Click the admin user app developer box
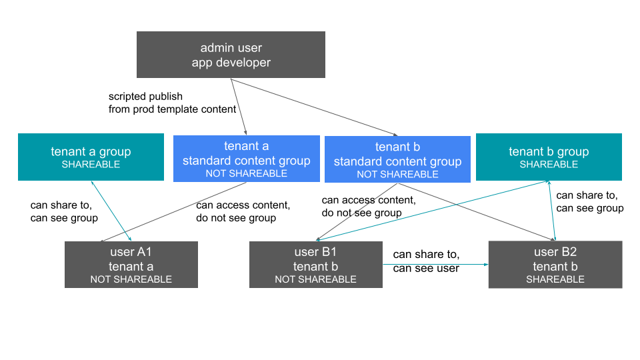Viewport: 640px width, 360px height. click(231, 55)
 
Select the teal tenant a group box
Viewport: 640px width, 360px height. click(91, 157)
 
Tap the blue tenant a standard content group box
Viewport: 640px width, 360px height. click(246, 159)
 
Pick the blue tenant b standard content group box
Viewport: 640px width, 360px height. click(397, 159)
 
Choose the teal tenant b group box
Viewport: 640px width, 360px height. click(549, 157)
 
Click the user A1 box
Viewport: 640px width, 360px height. click(131, 265)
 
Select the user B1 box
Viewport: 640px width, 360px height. click(315, 265)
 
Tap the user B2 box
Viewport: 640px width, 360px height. click(555, 265)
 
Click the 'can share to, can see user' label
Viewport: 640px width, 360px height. click(426, 261)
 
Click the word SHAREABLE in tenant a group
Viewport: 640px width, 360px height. click(91, 165)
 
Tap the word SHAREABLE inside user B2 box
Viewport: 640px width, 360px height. click(555, 279)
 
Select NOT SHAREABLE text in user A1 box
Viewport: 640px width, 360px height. click(131, 279)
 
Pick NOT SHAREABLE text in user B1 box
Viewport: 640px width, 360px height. click(315, 279)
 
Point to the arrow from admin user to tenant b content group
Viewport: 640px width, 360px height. click(313, 107)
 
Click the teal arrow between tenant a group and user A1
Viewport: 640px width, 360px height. click(113, 211)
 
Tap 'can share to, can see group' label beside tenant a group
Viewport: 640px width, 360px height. click(64, 211)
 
